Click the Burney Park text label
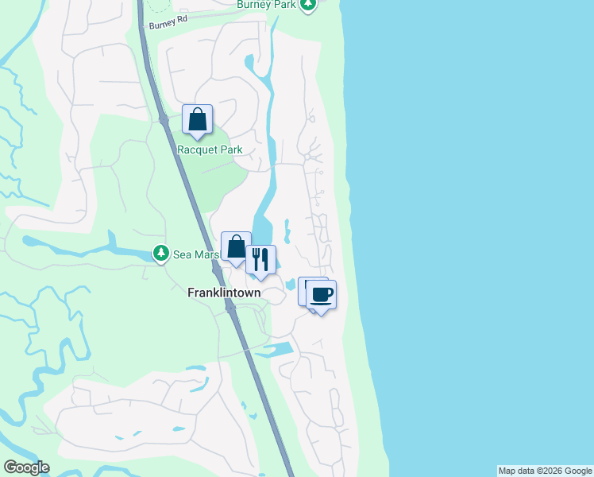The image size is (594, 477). [267, 5]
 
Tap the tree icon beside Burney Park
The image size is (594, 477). [308, 4]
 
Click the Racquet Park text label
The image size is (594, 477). [210, 149]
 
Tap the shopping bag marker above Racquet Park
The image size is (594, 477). [197, 120]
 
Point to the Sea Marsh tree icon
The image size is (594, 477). [161, 254]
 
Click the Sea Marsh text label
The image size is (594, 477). [195, 254]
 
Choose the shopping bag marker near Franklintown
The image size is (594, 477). [236, 247]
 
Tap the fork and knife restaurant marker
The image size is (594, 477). [260, 260]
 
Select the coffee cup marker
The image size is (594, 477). [321, 295]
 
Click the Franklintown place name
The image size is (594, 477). [224, 292]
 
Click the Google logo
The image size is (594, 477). [26, 467]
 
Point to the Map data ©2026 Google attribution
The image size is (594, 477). [545, 471]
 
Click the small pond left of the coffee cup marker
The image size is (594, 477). [288, 285]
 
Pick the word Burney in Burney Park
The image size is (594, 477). [254, 5]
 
